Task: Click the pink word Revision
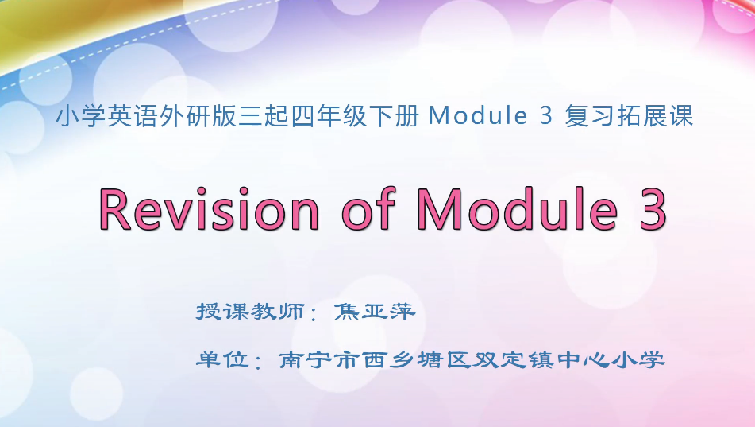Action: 209,210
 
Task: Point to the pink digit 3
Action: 651,210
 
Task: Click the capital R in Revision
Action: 115,210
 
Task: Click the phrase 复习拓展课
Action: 630,117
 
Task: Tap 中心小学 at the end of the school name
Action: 618,359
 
